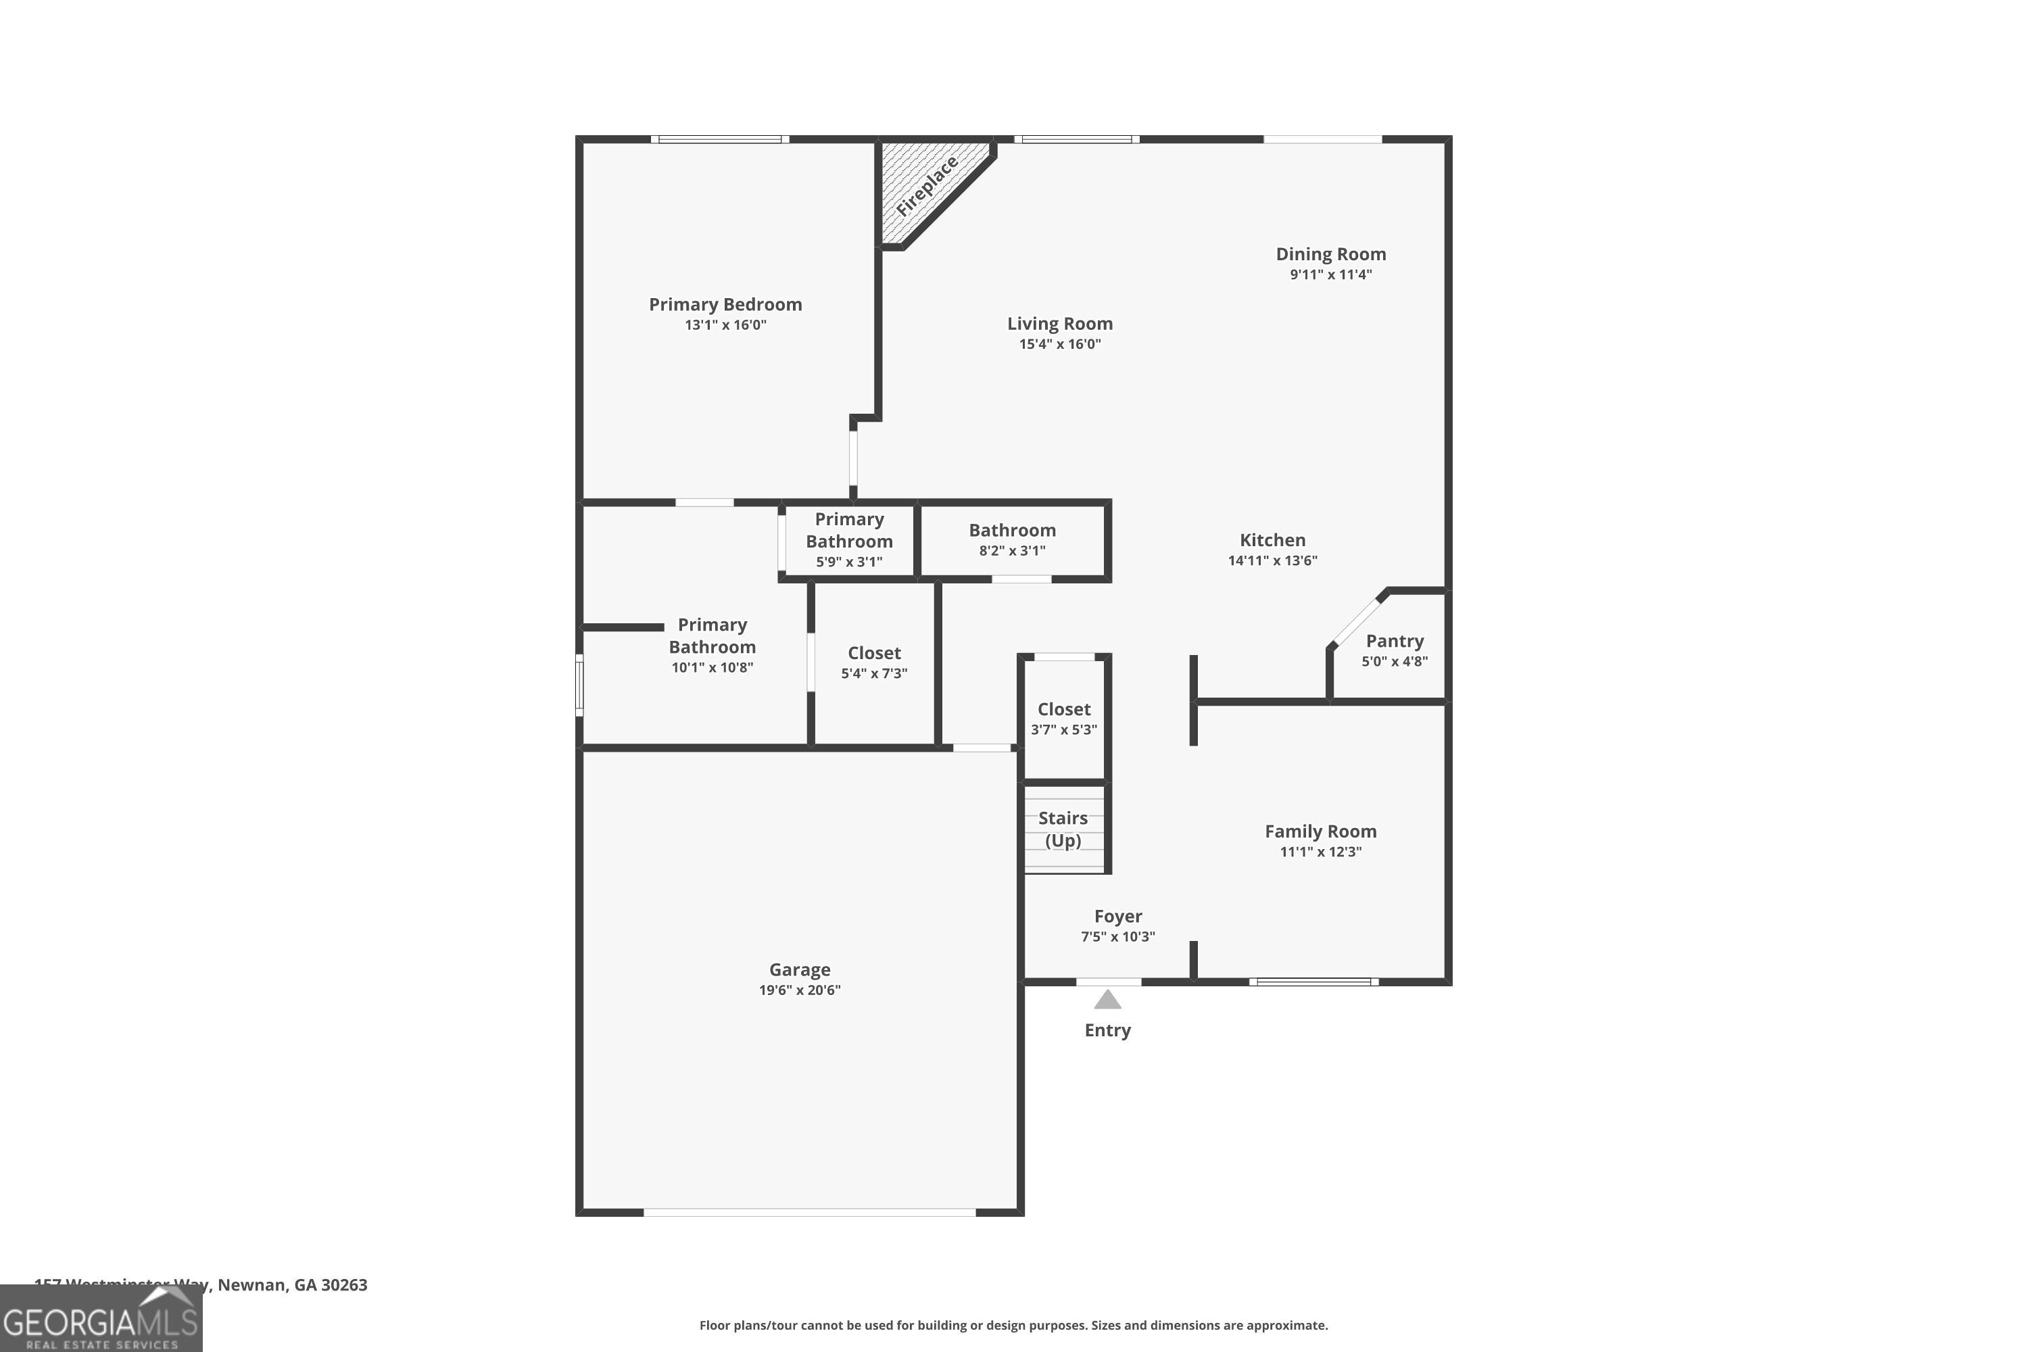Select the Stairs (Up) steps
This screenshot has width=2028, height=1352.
coord(1063,829)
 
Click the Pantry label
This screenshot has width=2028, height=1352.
coord(1394,641)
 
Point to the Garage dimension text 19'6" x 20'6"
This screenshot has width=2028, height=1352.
coord(799,990)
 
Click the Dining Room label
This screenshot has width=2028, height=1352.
coord(1330,254)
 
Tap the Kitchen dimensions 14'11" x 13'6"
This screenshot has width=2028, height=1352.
coord(1272,560)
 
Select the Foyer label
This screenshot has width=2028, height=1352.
coord(1117,917)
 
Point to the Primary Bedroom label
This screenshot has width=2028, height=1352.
coord(725,304)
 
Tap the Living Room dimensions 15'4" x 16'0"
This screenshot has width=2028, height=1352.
coord(1060,344)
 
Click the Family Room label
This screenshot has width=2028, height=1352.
coord(1320,831)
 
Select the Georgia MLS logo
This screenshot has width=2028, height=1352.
coord(101,1320)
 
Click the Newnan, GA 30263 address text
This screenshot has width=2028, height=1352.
coord(291,1285)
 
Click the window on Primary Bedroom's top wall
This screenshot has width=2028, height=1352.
coord(719,139)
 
